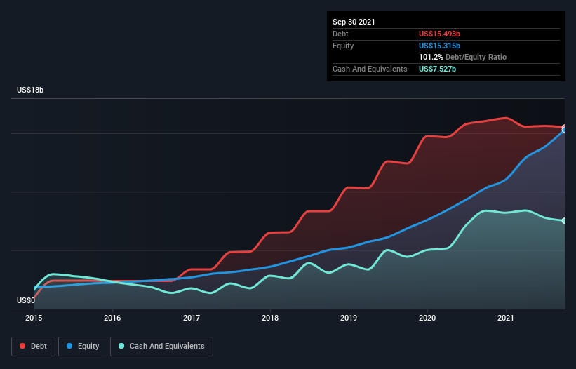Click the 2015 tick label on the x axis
34,318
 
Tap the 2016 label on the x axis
112,318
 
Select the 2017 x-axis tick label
192,318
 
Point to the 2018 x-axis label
270,318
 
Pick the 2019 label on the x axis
349,318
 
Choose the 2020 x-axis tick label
427,318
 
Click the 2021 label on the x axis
506,318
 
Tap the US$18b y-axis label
32,90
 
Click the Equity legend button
83,346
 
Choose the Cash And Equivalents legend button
161,346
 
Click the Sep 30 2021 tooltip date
354,22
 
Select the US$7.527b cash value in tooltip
438,69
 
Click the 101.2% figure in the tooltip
431,57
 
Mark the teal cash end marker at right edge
563,221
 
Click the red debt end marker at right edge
563,128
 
